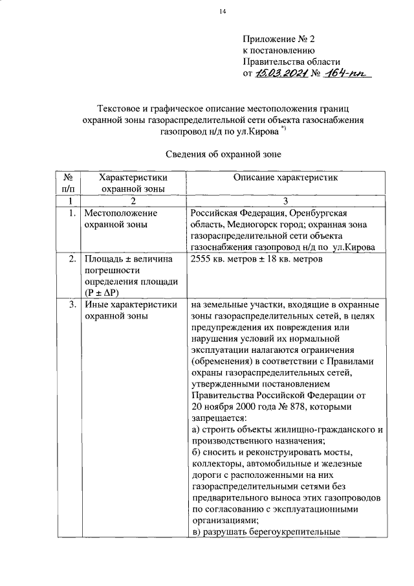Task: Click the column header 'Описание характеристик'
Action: (286, 177)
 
